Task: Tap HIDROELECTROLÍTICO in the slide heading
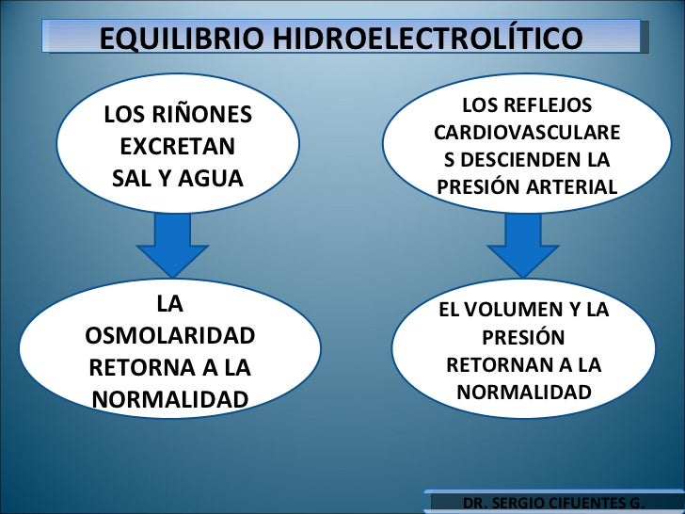click(425, 40)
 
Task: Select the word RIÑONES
click(204, 115)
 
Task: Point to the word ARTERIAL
click(573, 187)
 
